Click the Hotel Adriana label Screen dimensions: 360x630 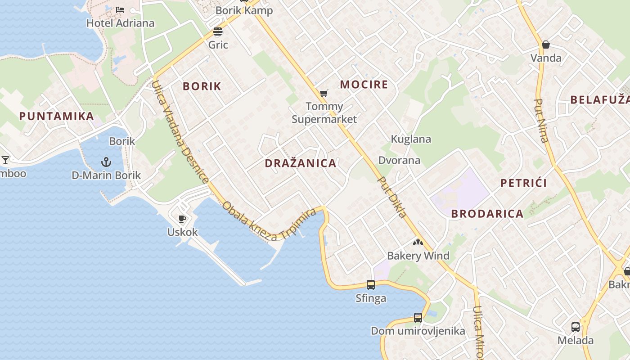coord(120,23)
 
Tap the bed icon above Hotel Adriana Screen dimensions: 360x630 coord(120,9)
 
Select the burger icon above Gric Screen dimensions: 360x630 coord(218,31)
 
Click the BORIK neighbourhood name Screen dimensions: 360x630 coord(202,86)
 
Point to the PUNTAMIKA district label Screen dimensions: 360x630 coord(57,116)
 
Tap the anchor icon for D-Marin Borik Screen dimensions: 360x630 coord(106,162)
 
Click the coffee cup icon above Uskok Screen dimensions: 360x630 coord(182,219)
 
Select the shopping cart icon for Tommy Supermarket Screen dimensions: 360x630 coord(324,94)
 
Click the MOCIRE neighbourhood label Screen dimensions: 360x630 coord(364,85)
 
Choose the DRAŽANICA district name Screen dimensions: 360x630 coord(301,163)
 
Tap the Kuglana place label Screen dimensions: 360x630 coord(411,139)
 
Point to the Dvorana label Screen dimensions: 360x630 coord(399,160)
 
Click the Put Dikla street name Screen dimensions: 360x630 coord(391,197)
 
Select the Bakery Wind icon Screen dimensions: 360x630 coord(418,243)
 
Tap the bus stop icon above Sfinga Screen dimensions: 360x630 coord(371,284)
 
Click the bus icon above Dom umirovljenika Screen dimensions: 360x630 coord(418,317)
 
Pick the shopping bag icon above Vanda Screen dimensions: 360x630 coord(546,45)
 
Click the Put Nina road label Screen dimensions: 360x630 coord(541,121)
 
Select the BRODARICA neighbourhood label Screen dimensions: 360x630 coord(487,214)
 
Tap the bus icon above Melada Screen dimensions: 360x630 coord(576,327)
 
